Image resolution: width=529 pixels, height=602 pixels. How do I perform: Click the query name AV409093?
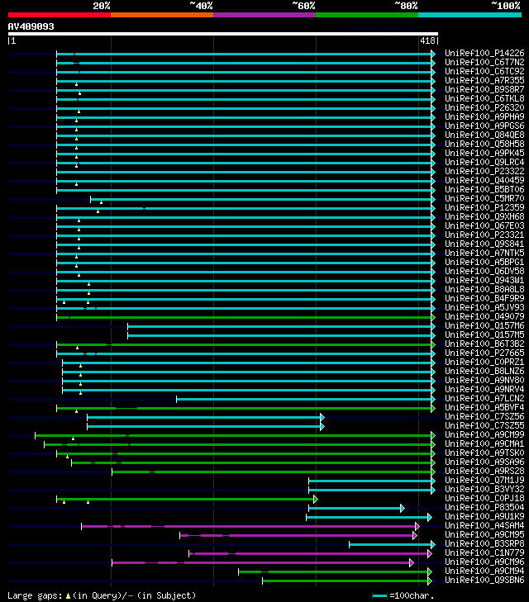pos(31,26)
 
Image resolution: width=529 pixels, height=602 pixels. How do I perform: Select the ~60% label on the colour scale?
pos(303,5)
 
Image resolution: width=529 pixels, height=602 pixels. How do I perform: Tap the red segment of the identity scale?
pos(59,14)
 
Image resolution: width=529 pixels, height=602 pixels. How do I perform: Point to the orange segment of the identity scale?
pos(161,14)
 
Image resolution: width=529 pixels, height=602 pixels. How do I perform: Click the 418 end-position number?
pos(427,40)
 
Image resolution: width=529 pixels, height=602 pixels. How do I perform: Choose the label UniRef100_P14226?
pos(484,53)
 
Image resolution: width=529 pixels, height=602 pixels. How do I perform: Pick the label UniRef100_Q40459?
pos(484,180)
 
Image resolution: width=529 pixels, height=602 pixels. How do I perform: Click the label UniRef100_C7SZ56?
pos(484,416)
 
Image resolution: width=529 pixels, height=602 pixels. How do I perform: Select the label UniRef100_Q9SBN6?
pos(484,580)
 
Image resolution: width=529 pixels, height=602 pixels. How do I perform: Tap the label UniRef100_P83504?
pos(484,507)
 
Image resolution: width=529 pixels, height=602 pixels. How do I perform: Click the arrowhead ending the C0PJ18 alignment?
pos(315,499)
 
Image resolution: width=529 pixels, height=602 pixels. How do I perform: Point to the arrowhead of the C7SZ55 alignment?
pos(322,425)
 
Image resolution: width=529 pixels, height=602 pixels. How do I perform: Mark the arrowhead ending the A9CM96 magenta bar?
pos(411,562)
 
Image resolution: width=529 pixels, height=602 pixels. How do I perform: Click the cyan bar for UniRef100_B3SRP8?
pos(388,544)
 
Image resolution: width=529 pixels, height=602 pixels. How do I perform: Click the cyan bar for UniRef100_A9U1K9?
pos(367,517)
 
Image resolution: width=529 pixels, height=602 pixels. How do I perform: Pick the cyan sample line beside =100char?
pos(379,595)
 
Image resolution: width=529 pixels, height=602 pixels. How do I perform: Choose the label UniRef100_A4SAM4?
pos(484,525)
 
